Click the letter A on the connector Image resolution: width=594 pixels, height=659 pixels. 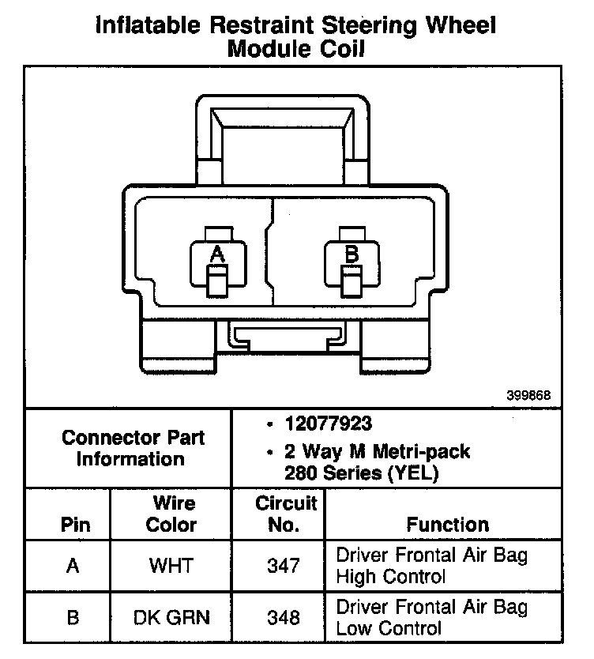(217, 254)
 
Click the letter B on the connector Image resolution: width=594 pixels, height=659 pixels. (352, 254)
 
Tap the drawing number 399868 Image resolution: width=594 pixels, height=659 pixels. (528, 395)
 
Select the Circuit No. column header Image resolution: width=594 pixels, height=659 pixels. (285, 514)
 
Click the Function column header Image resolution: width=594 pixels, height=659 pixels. (448, 525)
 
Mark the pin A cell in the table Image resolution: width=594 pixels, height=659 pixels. (73, 566)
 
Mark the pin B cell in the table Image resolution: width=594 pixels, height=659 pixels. (73, 618)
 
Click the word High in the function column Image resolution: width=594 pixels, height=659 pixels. (356, 577)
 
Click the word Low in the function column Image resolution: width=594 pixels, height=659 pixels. (355, 629)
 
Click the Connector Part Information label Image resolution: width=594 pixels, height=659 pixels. (133, 448)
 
